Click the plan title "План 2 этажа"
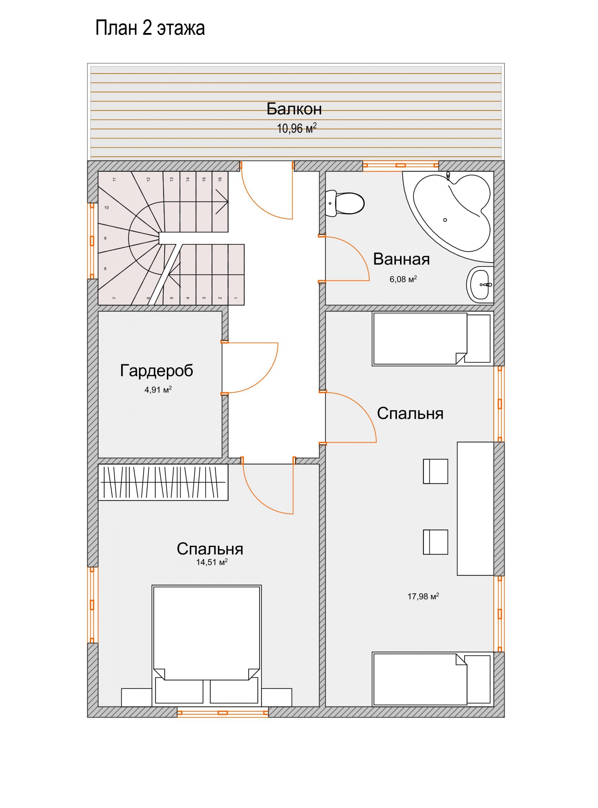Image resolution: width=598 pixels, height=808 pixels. pos(150,28)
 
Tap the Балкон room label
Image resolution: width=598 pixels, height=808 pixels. pos(294,109)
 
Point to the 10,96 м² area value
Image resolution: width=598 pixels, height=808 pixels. pos(297,128)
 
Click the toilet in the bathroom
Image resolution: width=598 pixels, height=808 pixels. pos(345,203)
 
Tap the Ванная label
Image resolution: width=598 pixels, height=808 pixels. pos(401,259)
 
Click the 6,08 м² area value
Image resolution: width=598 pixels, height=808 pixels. pos(403,279)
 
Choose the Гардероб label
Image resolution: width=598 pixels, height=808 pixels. pos(156,371)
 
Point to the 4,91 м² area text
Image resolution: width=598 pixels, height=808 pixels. pos(158,390)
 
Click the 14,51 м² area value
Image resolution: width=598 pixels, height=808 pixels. pos(212,562)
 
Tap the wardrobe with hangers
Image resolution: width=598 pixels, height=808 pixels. pos(163,482)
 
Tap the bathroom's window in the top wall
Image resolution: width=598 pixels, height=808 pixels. pos(400,165)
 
